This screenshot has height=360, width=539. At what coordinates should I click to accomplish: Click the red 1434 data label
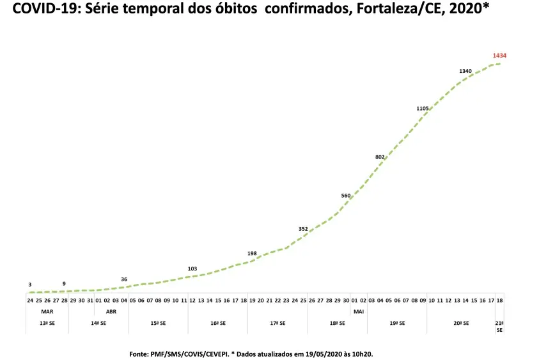pyautogui.click(x=499, y=56)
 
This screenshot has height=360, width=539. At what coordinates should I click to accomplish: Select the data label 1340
pyautogui.click(x=465, y=71)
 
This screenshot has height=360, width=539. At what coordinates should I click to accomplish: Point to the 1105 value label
pyautogui.click(x=423, y=109)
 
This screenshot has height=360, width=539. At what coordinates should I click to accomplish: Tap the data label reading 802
pyautogui.click(x=380, y=157)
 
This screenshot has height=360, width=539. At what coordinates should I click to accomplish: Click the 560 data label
pyautogui.click(x=346, y=196)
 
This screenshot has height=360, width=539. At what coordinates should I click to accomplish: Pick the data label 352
pyautogui.click(x=303, y=228)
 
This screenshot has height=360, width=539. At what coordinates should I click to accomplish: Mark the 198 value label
pyautogui.click(x=252, y=253)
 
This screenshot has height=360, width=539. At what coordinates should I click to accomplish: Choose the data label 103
pyautogui.click(x=192, y=269)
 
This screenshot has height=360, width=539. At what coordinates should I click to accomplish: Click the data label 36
pyautogui.click(x=124, y=279)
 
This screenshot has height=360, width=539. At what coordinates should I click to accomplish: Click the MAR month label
pyautogui.click(x=47, y=311)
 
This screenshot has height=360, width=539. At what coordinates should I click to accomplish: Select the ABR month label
pyautogui.click(x=111, y=311)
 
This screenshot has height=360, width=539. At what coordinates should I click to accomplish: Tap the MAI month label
pyautogui.click(x=358, y=311)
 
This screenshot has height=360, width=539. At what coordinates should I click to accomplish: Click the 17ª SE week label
pyautogui.click(x=277, y=324)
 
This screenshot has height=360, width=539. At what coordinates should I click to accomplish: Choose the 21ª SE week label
pyautogui.click(x=499, y=327)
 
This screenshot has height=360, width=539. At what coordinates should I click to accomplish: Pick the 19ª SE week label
pyautogui.click(x=397, y=324)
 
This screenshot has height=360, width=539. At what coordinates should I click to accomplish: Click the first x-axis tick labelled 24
pyautogui.click(x=30, y=300)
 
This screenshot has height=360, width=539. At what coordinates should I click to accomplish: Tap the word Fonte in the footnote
pyautogui.click(x=140, y=353)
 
